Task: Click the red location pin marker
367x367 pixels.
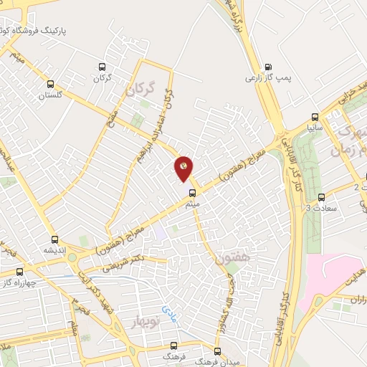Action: [183, 168]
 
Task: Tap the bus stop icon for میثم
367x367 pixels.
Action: [191, 193]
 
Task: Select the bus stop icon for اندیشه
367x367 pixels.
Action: [54, 240]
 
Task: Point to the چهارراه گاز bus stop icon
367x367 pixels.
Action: [19, 272]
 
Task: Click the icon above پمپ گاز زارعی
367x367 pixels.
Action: [269, 65]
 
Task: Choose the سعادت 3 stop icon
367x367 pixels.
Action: [320, 197]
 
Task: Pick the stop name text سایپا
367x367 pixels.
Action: [315, 130]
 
